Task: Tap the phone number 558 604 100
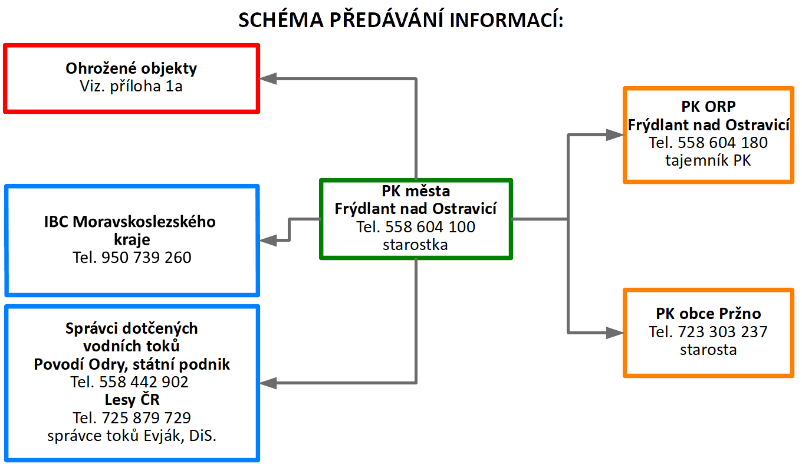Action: tap(430, 226)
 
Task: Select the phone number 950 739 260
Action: tap(146, 258)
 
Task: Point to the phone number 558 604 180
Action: tap(722, 143)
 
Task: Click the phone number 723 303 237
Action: tap(722, 331)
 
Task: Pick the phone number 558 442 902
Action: tap(143, 382)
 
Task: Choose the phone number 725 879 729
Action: tap(146, 418)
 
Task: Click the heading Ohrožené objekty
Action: tap(132, 68)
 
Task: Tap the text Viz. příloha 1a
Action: tap(131, 86)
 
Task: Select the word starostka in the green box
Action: tap(415, 245)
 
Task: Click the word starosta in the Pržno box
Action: tap(708, 350)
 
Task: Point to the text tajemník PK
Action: tap(708, 160)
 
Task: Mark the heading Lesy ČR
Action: tap(132, 400)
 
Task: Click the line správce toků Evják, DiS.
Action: tap(132, 436)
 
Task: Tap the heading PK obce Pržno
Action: tap(708, 314)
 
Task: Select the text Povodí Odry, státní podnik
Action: tap(132, 364)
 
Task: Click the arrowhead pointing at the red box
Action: tap(268, 78)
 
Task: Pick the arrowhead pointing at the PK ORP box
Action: tap(614, 135)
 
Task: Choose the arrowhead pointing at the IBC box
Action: tap(268, 240)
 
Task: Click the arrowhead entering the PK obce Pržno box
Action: tap(614, 333)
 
